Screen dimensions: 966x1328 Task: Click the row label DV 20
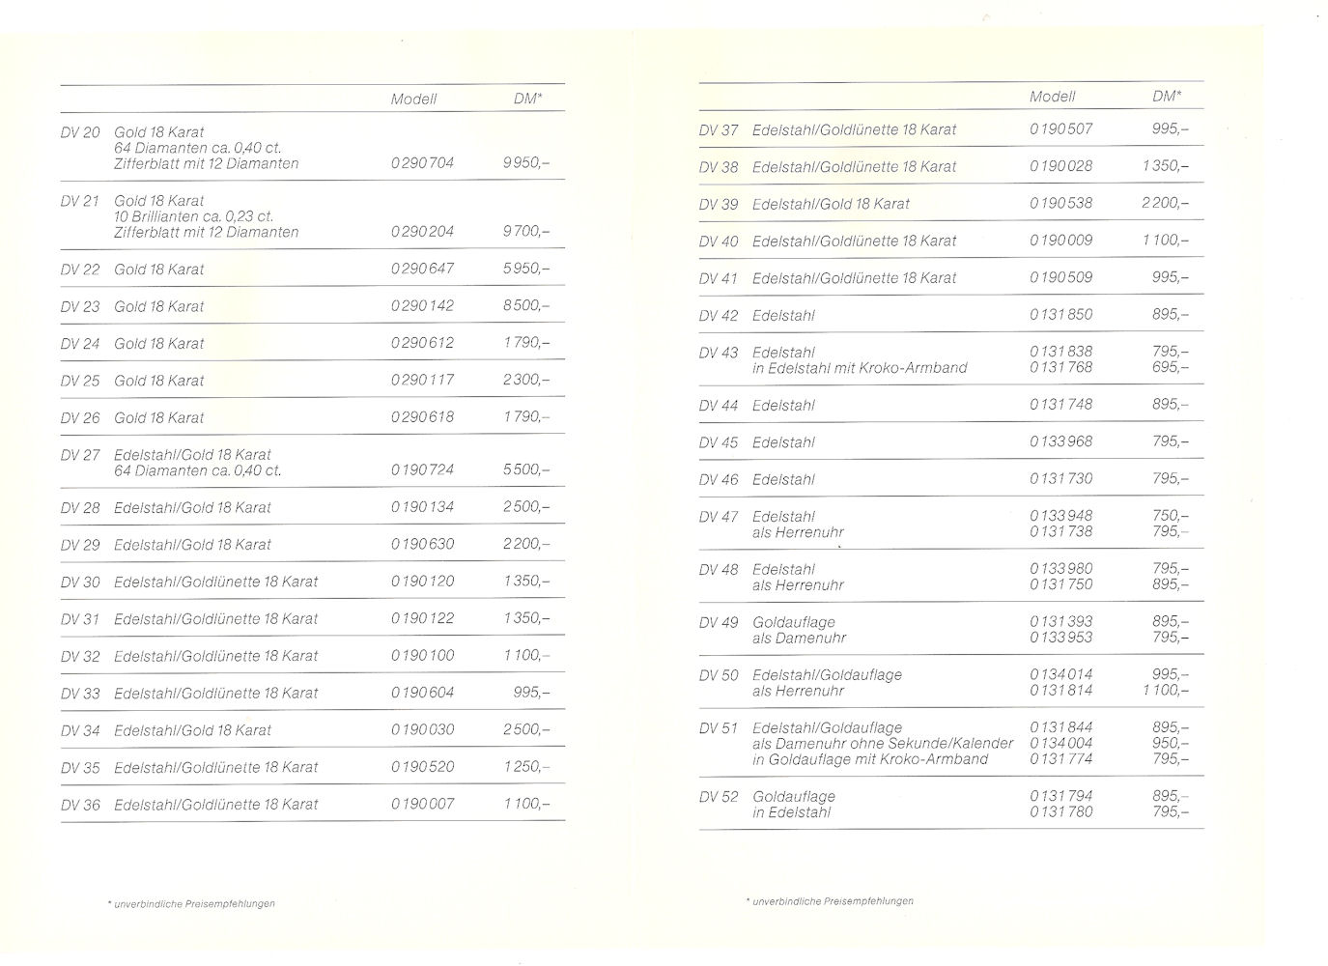click(x=80, y=132)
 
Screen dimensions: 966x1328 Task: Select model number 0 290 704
click(x=422, y=163)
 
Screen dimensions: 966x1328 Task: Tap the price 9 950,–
click(x=526, y=163)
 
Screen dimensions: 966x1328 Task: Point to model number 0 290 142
click(x=422, y=306)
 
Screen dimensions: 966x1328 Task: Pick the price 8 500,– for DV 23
click(x=526, y=306)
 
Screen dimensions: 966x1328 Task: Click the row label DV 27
click(x=80, y=455)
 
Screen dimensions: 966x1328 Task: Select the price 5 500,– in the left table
click(x=526, y=470)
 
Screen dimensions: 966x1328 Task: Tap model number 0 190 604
click(x=422, y=693)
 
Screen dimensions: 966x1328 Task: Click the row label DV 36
click(x=80, y=805)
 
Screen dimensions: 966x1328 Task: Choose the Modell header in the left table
click(x=413, y=99)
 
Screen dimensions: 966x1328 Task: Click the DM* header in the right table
click(x=1166, y=97)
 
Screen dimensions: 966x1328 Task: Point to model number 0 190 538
click(x=1060, y=204)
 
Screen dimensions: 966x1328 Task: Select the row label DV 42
click(x=719, y=316)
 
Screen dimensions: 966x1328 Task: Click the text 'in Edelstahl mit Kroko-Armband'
click(x=860, y=368)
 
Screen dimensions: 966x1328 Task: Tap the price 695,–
click(x=1171, y=368)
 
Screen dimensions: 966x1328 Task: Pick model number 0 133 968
click(x=1060, y=442)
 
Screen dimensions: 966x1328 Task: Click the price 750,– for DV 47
click(x=1171, y=516)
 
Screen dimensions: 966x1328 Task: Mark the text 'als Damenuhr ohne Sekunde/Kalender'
click(x=883, y=744)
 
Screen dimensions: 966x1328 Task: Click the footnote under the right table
click(x=830, y=901)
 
